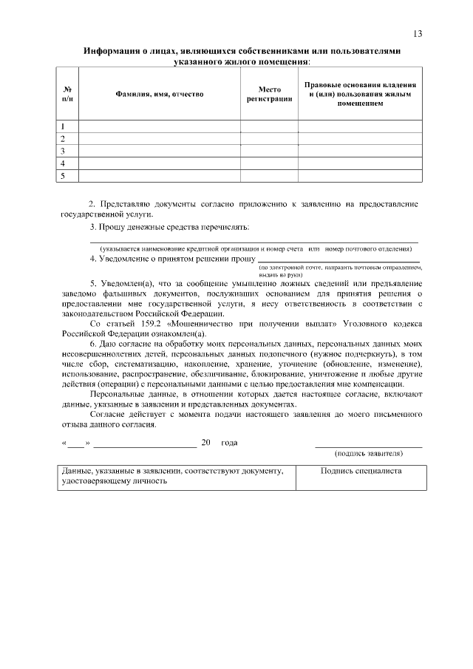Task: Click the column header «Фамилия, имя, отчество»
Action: (159, 94)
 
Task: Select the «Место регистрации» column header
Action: (269, 94)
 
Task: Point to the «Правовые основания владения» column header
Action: (360, 94)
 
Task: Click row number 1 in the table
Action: (64, 126)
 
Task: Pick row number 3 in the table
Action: (64, 151)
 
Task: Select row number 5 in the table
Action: (64, 176)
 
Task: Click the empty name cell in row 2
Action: (159, 138)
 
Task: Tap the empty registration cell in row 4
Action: (269, 163)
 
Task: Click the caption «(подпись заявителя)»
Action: (368, 452)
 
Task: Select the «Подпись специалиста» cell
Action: (361, 471)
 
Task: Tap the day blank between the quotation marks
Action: (75, 443)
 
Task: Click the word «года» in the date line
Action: (228, 443)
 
